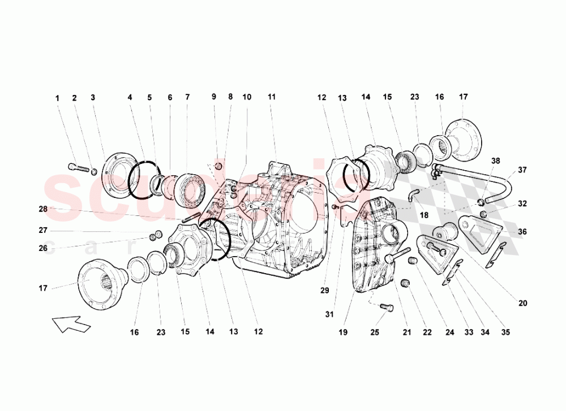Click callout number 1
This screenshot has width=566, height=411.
[57, 98]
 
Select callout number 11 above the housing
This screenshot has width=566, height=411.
[272, 97]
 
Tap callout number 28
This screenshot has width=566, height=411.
[42, 209]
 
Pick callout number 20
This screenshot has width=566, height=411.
[522, 303]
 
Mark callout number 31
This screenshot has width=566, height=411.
[329, 314]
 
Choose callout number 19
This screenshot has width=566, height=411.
[343, 333]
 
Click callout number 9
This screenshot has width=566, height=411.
[214, 97]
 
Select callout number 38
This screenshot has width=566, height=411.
[496, 161]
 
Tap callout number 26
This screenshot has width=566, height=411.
[42, 247]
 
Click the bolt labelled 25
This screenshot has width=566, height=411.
[387, 307]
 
